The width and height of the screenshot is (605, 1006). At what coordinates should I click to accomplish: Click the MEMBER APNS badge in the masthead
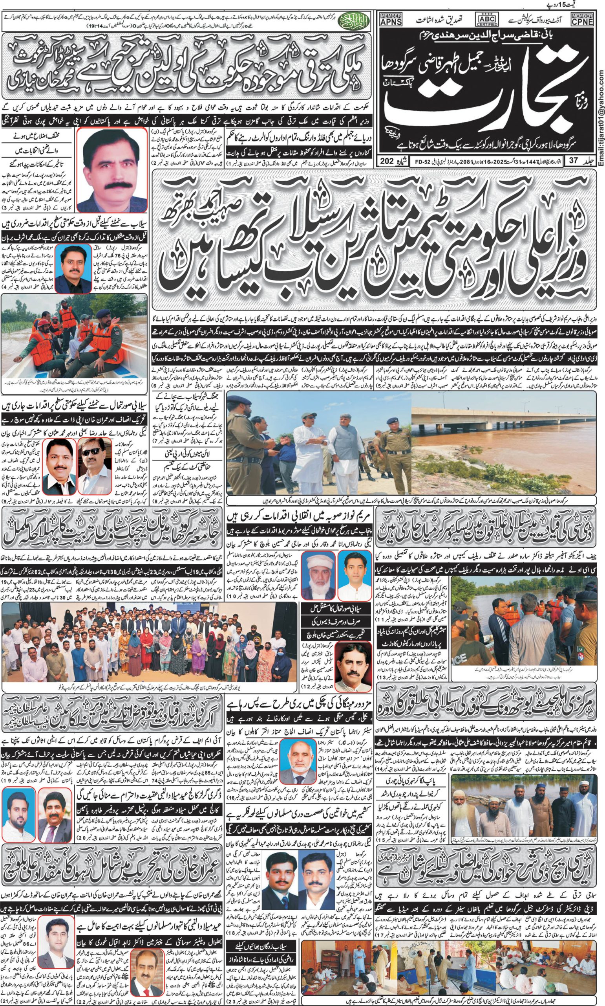tap(390, 20)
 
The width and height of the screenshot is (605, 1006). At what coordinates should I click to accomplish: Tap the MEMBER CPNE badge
tap(582, 20)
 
